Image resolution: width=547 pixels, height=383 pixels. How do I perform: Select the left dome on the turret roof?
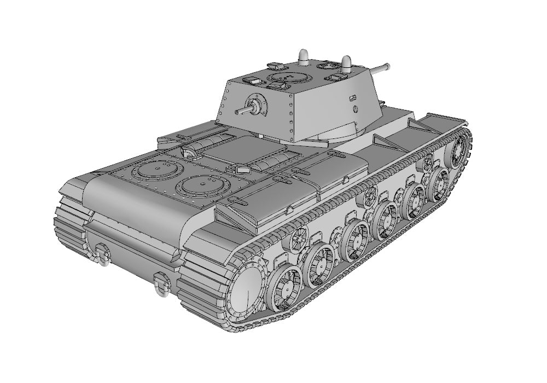(x=304, y=55)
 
